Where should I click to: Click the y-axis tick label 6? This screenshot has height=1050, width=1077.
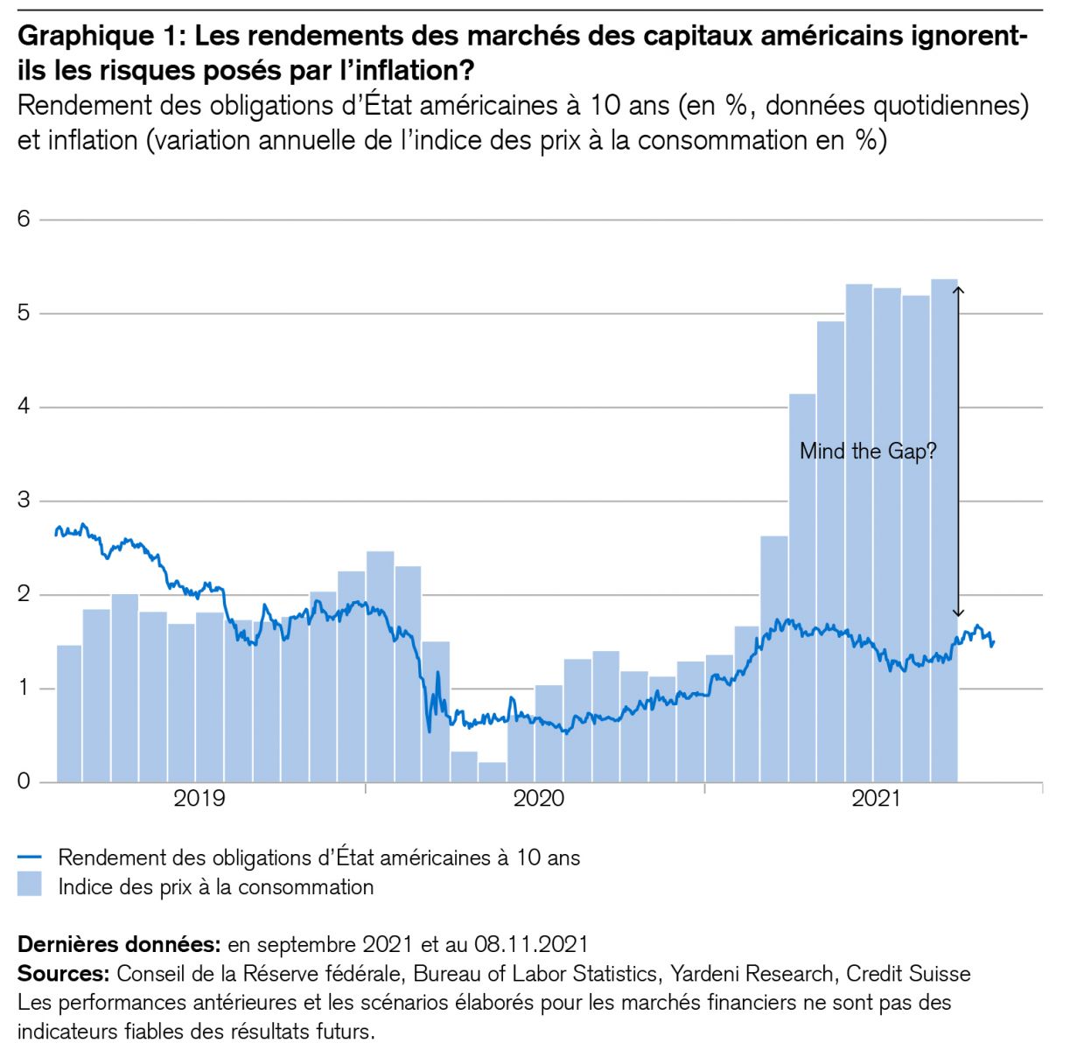click(24, 219)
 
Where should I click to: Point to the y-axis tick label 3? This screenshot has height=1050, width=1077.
click(24, 500)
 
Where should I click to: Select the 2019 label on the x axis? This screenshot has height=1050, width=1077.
click(199, 799)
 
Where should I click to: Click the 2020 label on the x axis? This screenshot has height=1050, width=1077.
click(538, 799)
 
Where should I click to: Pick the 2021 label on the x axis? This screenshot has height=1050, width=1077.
click(876, 799)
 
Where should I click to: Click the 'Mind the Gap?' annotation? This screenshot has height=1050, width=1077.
click(867, 451)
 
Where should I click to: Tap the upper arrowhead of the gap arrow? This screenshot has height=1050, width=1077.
click(958, 290)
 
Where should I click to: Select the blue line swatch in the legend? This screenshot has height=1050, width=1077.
click(30, 857)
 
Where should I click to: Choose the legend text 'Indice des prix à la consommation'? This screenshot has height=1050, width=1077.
click(215, 887)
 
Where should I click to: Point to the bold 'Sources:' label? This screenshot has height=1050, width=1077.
click(63, 973)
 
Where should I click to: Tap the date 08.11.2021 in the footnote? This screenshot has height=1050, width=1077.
click(531, 945)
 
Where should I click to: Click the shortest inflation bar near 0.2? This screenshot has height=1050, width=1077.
click(493, 772)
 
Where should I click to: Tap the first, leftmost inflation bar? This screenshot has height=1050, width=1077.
click(69, 713)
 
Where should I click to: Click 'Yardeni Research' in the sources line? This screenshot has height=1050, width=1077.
click(752, 973)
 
